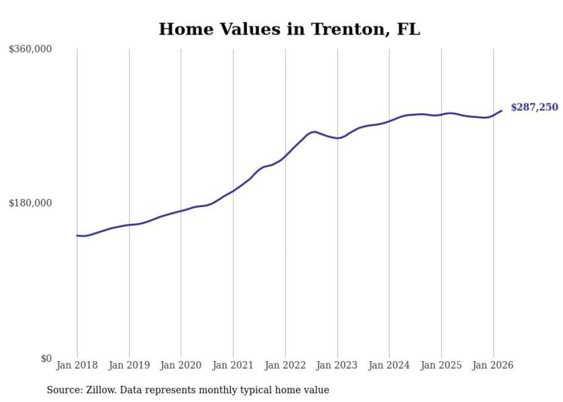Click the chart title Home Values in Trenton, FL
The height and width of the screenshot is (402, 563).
pyautogui.click(x=289, y=29)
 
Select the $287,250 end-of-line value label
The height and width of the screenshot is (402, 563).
pyautogui.click(x=534, y=107)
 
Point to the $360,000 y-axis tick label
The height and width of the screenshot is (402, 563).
pyautogui.click(x=30, y=49)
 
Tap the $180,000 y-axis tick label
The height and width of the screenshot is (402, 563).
pyautogui.click(x=30, y=203)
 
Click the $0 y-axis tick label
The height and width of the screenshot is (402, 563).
pyautogui.click(x=46, y=358)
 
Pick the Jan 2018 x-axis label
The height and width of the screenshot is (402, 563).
pyautogui.click(x=77, y=365)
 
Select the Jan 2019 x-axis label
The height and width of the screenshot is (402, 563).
pyautogui.click(x=129, y=365)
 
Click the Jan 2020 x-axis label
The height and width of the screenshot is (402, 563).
pyautogui.click(x=181, y=365)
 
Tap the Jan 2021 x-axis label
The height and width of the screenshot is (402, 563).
pyautogui.click(x=233, y=365)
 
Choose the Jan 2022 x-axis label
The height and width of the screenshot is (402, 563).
pyautogui.click(x=286, y=365)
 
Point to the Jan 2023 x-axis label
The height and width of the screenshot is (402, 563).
pyautogui.click(x=337, y=365)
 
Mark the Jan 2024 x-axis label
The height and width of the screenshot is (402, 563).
pyautogui.click(x=390, y=365)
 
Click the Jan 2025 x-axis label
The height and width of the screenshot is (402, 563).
pyautogui.click(x=441, y=365)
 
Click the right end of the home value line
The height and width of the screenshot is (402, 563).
pyautogui.click(x=502, y=110)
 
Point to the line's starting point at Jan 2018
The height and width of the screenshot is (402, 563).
pyautogui.click(x=77, y=235)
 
